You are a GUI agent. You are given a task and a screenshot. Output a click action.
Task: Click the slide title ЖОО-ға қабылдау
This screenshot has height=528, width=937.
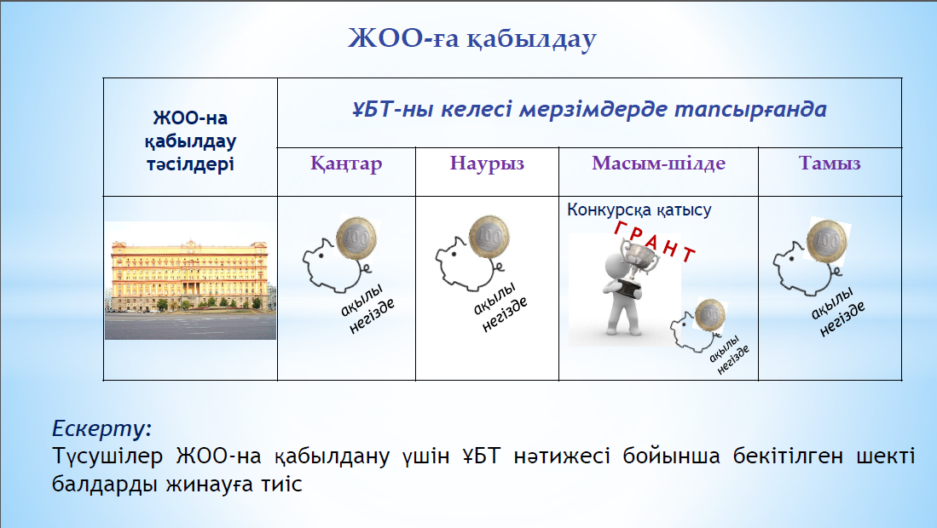point(472,39)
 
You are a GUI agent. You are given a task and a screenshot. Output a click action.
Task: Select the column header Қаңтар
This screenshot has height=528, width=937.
point(346,164)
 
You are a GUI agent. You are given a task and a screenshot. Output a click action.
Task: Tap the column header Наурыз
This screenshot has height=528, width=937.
point(487,163)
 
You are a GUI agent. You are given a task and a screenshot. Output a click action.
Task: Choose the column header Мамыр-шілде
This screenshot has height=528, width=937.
point(658,163)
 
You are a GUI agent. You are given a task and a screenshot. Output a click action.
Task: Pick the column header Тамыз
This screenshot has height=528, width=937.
point(830,163)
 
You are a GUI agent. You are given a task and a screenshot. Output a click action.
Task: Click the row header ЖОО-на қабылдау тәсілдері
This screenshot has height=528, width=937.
point(191,141)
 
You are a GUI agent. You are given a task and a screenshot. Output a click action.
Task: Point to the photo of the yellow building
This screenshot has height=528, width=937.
point(191,280)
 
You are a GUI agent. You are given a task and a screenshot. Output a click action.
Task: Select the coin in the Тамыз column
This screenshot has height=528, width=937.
point(827,241)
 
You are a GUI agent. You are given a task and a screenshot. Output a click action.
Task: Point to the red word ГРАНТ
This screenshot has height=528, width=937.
point(655,241)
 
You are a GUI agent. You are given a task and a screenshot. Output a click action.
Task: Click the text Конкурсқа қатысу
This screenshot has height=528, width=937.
point(639,210)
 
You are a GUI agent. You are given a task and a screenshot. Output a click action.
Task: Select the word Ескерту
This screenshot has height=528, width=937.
point(101,428)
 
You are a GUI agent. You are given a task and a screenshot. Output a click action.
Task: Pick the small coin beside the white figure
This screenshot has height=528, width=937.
point(710,314)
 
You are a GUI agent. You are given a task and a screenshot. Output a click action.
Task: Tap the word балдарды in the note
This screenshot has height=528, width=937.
point(104,484)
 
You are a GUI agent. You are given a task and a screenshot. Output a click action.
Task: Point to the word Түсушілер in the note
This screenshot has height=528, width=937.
point(107,456)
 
